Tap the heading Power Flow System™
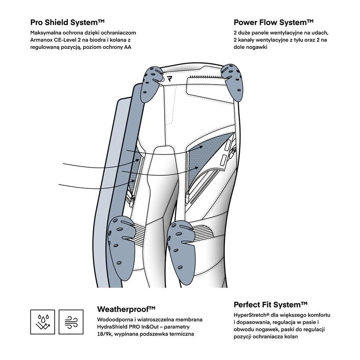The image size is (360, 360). pyautogui.click(x=273, y=22)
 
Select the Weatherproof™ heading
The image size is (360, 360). pyautogui.click(x=126, y=309)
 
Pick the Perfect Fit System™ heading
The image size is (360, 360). pyautogui.click(x=270, y=305)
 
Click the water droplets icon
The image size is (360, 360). pyautogui.click(x=43, y=322)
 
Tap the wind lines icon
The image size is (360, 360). pyautogui.click(x=71, y=322)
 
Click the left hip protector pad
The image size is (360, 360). pyautogui.click(x=150, y=81)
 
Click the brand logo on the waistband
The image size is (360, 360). pyautogui.click(x=170, y=79)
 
